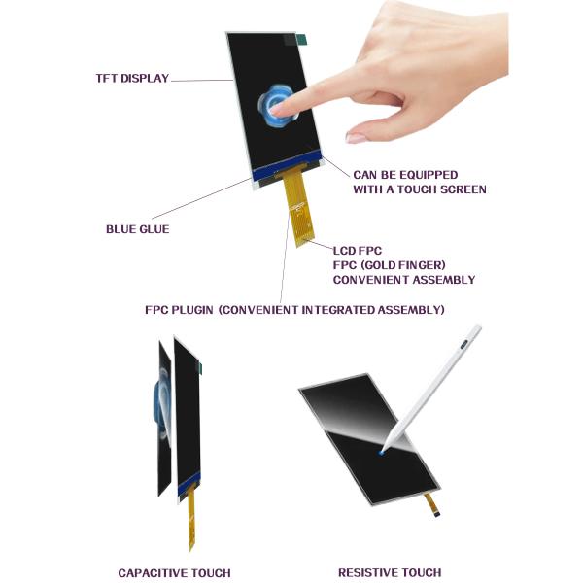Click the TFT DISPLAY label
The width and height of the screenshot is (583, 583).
pos(132,79)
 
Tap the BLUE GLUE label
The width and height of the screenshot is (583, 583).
pos(137,229)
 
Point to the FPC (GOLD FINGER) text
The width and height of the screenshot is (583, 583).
pos(389,265)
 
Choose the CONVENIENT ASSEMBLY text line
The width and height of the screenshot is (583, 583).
pos(404,280)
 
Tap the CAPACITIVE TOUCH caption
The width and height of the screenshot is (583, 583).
pos(174,573)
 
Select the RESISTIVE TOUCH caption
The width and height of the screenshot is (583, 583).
pos(390,573)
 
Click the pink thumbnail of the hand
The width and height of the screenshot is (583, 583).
pos(357,138)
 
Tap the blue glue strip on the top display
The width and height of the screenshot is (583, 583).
pos(287,172)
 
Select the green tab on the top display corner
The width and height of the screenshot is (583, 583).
pos(300,40)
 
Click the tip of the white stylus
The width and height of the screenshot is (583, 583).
pos(382,453)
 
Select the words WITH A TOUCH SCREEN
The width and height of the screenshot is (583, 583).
pos(420,189)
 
